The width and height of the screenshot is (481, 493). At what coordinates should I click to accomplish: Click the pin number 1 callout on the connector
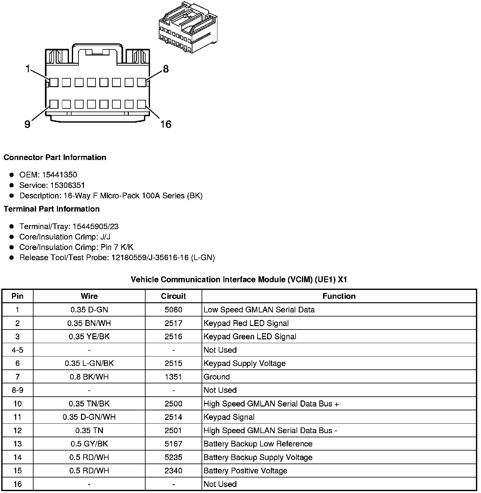pos(28,68)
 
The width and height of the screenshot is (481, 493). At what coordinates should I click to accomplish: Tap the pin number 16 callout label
pos(166,124)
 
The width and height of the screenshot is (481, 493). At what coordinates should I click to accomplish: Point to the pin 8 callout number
pos(166,69)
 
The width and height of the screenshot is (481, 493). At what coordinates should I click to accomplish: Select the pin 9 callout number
pos(28,125)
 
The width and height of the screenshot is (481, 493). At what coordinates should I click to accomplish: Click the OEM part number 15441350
pos(59,175)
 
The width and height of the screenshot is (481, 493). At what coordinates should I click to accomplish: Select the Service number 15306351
pos(68,185)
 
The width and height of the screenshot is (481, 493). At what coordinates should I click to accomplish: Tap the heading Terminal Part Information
pos(52,209)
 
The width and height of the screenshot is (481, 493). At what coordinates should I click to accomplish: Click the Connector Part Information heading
pos(55,157)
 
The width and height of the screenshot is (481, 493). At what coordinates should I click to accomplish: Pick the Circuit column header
pos(173,296)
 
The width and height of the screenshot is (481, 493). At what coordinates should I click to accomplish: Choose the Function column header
pos(339,296)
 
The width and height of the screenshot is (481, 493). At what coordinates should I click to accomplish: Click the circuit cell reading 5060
pos(173,310)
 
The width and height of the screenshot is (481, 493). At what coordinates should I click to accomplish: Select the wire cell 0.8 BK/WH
pos(89,377)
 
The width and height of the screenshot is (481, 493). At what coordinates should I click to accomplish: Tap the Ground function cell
pos(217,377)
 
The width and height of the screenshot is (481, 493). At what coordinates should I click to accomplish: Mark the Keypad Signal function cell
pos(229,417)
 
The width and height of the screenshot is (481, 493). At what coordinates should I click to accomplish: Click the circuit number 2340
pos(173,471)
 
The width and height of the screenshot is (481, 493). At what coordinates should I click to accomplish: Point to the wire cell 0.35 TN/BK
pos(89,404)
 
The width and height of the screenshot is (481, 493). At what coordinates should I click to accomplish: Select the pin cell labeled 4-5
pos(17,350)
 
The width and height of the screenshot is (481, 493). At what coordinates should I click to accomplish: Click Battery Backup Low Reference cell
pos(258,444)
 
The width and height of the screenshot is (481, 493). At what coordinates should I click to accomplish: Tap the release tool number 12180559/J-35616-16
pos(150,258)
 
